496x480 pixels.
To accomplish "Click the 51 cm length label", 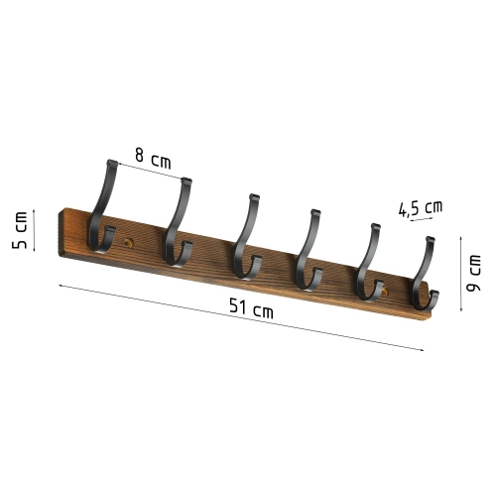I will (250, 309).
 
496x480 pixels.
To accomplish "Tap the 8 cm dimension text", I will (154, 156).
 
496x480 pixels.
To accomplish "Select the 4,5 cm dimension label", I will (420, 208).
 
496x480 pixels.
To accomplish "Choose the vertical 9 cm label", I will (477, 273).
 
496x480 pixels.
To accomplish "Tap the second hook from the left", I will (177, 228).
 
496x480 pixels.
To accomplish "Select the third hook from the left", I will (243, 239).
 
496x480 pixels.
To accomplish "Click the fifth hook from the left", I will (369, 263).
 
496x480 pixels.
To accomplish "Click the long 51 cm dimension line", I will (238, 317).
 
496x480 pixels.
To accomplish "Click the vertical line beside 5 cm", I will (34, 230).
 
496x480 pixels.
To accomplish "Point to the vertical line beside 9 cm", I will (461, 273).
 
